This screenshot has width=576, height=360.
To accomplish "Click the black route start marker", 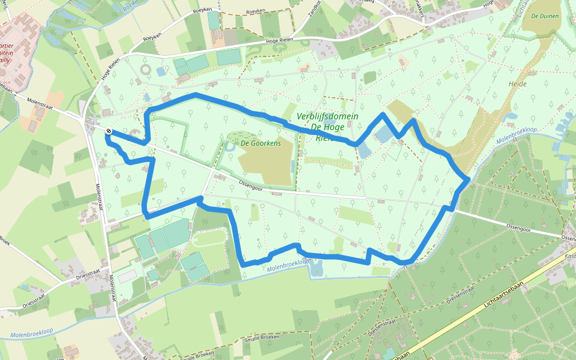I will point(108,131).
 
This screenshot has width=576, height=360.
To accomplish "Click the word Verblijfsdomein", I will point(328,116).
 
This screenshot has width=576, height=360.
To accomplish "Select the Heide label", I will point(517,84).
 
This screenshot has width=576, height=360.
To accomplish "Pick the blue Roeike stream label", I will point(130,9).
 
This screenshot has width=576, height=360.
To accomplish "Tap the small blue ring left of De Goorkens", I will point(230,145).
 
